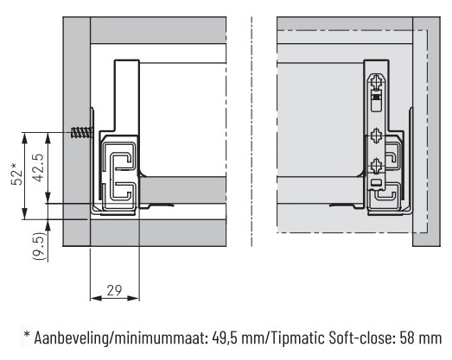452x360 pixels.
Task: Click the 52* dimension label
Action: tap(16, 174)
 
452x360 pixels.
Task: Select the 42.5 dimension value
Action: tap(38, 167)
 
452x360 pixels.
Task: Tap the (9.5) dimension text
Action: tap(40, 247)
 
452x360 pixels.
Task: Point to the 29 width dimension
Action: tap(114, 290)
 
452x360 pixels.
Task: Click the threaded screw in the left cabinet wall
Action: tap(81, 132)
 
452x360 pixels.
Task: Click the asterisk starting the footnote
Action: tap(27, 334)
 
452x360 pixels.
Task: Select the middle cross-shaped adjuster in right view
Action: tap(377, 136)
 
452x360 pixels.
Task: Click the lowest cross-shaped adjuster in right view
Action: tap(376, 166)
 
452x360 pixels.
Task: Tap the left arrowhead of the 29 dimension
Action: tap(96, 298)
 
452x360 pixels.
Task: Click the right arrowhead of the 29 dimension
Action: tap(134, 298)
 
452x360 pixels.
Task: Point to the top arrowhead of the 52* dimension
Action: tap(25, 138)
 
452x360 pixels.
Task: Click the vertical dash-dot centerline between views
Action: tap(251, 131)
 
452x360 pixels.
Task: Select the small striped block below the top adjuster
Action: tap(375, 98)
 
